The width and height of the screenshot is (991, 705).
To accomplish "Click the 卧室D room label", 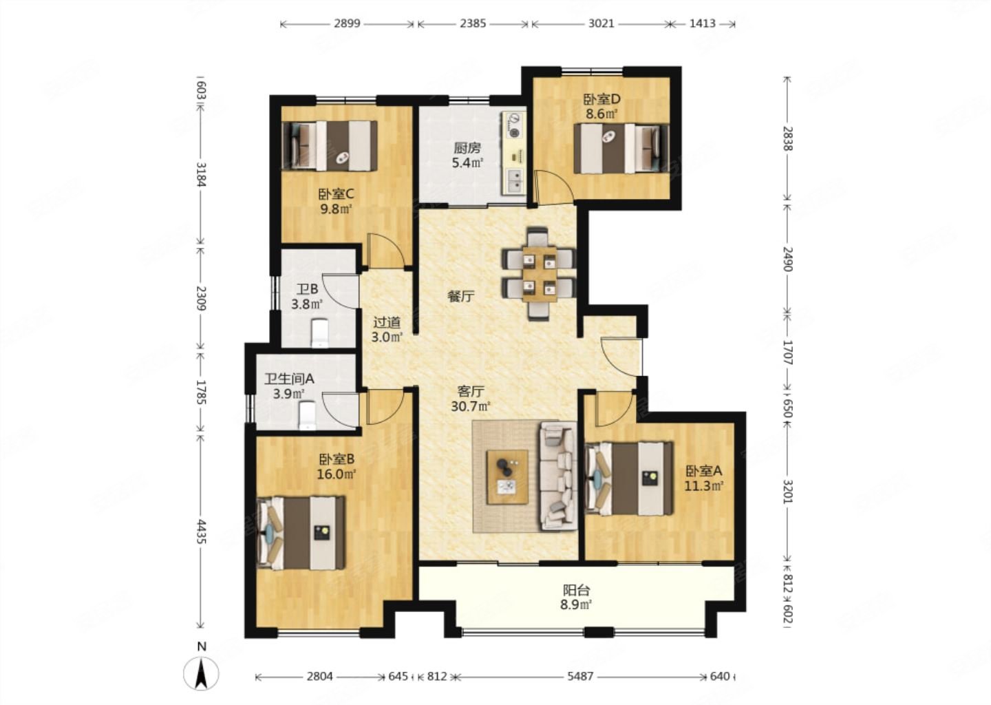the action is [601, 99].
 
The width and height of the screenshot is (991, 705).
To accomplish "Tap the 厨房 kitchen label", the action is [467, 148].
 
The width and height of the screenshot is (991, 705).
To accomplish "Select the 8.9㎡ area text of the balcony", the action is [576, 604].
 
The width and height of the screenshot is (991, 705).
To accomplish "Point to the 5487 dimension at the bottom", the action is [580, 677].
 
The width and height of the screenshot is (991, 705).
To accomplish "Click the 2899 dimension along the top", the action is [347, 23].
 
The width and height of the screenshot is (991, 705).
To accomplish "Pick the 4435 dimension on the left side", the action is [201, 532].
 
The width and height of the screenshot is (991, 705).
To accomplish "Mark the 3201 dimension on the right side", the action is [787, 492].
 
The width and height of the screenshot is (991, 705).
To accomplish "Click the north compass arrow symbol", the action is [201, 673].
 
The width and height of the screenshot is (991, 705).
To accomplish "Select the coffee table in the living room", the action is [507, 477].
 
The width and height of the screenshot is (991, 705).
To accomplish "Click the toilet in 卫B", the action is [320, 333].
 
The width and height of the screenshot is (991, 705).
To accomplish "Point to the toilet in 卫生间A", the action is [308, 415].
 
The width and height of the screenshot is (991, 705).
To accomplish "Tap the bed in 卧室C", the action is [330, 145].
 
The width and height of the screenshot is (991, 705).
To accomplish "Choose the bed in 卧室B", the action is [301, 533].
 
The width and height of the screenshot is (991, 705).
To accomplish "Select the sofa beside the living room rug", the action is [558, 476].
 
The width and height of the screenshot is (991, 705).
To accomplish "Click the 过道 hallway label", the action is [386, 322].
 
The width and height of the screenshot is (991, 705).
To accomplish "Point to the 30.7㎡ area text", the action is [471, 406].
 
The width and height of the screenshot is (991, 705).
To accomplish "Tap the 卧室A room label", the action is [704, 470].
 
